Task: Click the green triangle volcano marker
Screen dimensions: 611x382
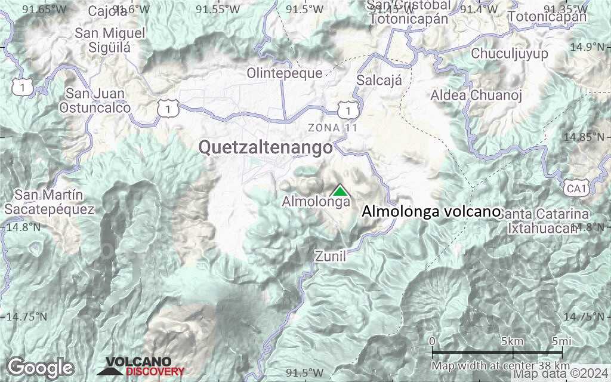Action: pos(340,190)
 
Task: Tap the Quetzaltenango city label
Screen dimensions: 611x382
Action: pos(265,147)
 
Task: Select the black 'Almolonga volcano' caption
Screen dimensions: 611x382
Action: pos(431,211)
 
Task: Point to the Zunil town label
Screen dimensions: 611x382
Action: pos(330,256)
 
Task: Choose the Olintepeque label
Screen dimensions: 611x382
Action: pos(285,73)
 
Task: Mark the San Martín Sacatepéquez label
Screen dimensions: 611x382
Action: pos(49,202)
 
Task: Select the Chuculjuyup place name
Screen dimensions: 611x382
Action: pos(510,54)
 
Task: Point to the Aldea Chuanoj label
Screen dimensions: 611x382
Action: pos(476,95)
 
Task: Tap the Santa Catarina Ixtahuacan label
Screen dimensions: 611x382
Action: pos(544,221)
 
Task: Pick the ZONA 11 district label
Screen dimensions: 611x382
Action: pos(332,128)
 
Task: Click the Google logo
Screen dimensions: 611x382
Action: pos(40,367)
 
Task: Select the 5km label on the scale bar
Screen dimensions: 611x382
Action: pos(513,341)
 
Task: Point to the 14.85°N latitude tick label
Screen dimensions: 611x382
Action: pos(585,137)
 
